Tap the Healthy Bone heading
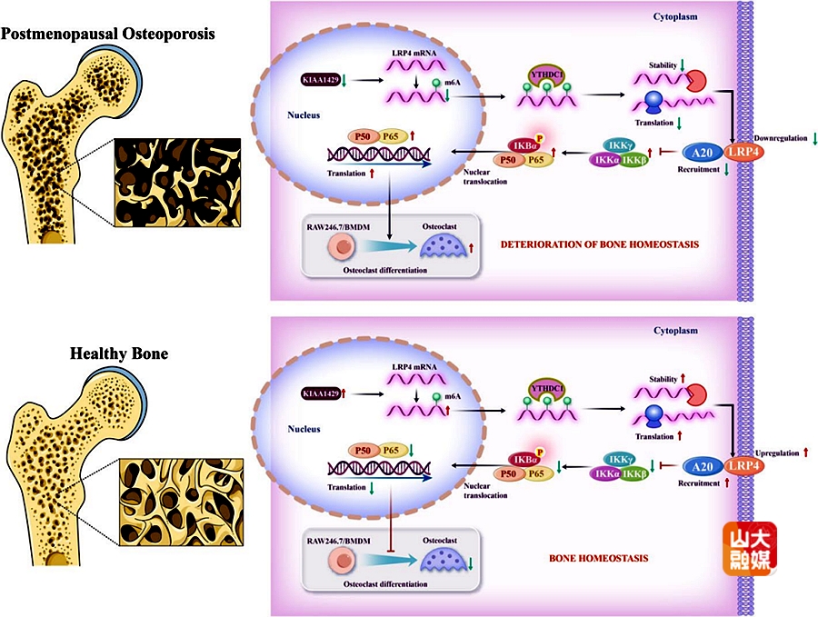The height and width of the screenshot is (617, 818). point(119,353)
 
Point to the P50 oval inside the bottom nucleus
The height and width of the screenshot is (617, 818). point(364,449)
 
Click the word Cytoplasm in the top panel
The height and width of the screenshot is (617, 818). point(676,16)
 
